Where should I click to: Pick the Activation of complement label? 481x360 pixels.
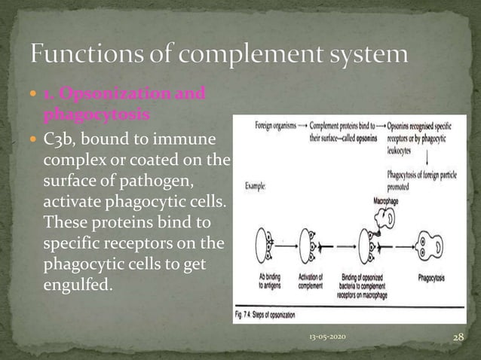[x=308, y=282]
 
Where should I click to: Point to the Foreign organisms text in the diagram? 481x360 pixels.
[x=262, y=123]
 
